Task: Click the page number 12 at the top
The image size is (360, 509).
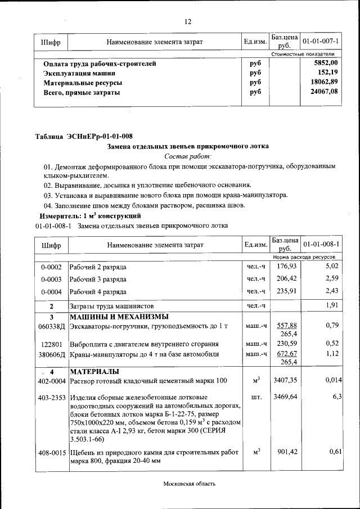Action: coord(188,22)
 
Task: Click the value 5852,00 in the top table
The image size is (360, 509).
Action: coord(326,63)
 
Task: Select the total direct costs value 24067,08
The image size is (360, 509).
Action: coord(325,92)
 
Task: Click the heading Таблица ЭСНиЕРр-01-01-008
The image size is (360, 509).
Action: coord(84,136)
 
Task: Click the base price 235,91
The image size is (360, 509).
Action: coord(285,291)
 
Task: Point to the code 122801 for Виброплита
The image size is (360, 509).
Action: coord(51,344)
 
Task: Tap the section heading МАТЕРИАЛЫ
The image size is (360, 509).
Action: coord(94,372)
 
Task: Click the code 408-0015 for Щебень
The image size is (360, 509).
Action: coord(51,452)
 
